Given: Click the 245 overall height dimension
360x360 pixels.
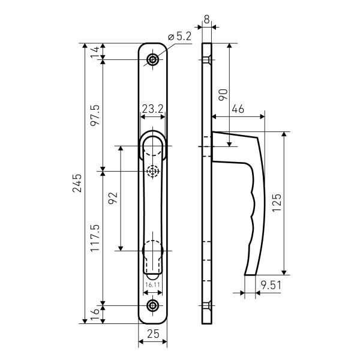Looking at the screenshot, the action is (77, 183).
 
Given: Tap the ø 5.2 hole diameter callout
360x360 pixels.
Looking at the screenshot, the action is (179, 36).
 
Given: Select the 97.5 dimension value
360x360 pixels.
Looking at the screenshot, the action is (95, 115).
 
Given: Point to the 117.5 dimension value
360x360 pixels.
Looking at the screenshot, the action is (95, 238).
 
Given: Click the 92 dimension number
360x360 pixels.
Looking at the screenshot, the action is (113, 198).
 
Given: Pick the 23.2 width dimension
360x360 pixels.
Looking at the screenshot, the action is (152, 109).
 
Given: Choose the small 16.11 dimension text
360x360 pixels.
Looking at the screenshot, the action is (152, 284).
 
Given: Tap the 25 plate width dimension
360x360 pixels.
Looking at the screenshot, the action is (153, 334).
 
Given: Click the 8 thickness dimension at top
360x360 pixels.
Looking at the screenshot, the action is (206, 19).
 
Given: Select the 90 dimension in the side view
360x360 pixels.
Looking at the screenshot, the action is (223, 95).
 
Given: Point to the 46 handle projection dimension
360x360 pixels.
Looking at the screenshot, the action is (238, 109).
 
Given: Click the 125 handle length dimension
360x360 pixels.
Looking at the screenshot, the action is (277, 203).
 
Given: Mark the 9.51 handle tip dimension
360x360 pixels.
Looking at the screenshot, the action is (271, 286).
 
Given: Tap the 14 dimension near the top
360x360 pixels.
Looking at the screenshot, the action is (95, 52).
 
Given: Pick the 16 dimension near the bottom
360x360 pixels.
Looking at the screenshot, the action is (95, 314).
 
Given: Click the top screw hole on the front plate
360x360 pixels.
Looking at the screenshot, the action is (152, 59).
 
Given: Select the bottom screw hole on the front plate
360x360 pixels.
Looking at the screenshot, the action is (152, 305).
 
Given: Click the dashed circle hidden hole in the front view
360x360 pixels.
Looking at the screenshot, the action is (152, 171).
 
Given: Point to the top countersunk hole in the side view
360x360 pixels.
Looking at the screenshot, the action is (207, 59).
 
